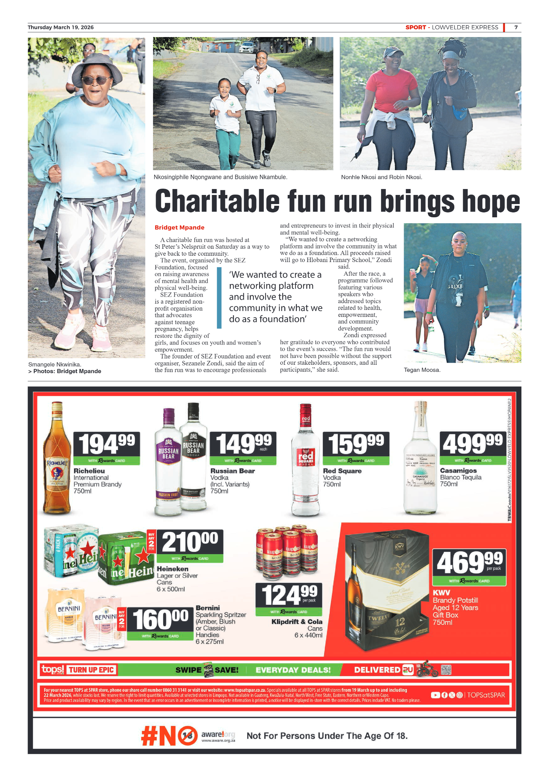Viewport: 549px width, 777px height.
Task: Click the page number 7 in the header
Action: tap(516, 27)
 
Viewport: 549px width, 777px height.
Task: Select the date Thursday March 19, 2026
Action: tap(60, 27)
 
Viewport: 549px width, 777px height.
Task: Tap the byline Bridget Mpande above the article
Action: tap(179, 227)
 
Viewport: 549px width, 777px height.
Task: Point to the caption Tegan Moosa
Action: tap(422, 370)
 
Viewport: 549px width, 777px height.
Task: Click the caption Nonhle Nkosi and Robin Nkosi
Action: tap(381, 177)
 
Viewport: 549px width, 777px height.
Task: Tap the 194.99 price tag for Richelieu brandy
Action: tap(107, 444)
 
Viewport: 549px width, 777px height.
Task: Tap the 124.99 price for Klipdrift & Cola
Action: tap(289, 595)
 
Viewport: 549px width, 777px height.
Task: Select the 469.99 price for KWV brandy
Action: tap(469, 563)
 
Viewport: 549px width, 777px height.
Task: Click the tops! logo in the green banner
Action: tap(53, 669)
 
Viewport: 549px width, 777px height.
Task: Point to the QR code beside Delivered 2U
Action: tap(446, 670)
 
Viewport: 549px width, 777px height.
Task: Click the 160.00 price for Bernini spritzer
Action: tap(160, 619)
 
